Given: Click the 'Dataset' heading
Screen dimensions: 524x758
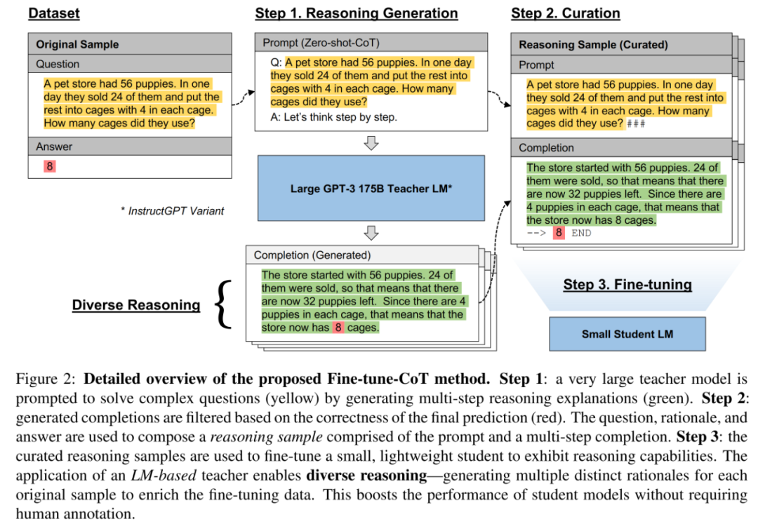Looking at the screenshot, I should (x=54, y=13).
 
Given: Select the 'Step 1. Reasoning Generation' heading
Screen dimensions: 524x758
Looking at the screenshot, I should (x=356, y=13).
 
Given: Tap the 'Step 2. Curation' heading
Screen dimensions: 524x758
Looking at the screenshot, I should (x=566, y=13).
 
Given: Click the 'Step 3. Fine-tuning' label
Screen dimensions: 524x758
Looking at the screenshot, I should (x=627, y=284).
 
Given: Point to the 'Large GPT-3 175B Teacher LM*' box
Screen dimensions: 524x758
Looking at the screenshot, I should (x=371, y=188).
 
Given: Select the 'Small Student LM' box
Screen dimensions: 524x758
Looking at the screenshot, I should (x=627, y=333).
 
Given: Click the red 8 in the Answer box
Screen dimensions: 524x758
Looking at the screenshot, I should (x=48, y=166).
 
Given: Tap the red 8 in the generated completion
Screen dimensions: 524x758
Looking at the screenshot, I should (x=338, y=328).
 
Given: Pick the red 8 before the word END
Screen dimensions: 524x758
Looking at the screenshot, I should (x=559, y=233).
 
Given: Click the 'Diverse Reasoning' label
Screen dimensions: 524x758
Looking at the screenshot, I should (x=136, y=305).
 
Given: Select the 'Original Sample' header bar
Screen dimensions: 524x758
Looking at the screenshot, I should (x=130, y=44).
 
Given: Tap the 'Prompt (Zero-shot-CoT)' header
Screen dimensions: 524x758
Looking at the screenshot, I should (x=371, y=43).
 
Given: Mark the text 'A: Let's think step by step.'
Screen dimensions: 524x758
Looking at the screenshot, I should (x=334, y=117).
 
